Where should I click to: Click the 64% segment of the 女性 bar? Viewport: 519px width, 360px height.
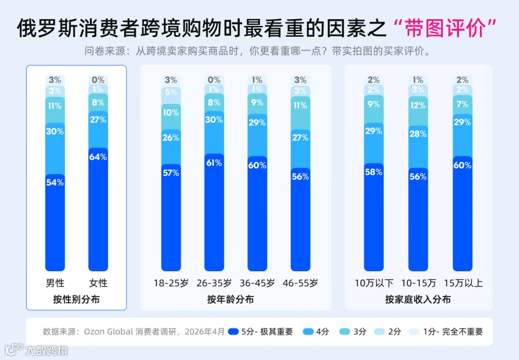point(98,209)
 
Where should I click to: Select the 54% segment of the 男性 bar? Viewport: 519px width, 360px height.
point(55,223)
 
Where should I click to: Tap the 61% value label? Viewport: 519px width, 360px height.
point(214,163)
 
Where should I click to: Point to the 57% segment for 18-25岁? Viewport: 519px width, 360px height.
point(171,217)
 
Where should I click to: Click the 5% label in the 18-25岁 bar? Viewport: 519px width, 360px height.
point(171,92)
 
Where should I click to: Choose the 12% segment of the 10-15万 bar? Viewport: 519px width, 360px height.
point(418,111)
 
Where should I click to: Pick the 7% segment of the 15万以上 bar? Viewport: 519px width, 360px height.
point(462,104)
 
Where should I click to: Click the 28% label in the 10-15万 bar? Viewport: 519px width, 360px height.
point(418,134)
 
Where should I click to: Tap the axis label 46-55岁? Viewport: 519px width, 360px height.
point(300,283)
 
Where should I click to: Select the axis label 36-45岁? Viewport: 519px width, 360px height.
point(257,283)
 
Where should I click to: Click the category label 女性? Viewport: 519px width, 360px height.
point(98,283)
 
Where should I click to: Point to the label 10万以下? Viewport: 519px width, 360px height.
point(374,283)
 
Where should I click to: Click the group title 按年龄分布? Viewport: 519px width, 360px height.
point(230,299)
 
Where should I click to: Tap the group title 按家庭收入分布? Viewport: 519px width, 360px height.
point(418,299)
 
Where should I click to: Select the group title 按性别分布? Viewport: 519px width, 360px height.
point(76,299)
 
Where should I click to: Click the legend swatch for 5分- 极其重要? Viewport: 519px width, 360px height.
point(234,332)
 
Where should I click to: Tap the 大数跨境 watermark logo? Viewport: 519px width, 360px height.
point(36,350)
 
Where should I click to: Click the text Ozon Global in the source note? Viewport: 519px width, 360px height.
point(108,332)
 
